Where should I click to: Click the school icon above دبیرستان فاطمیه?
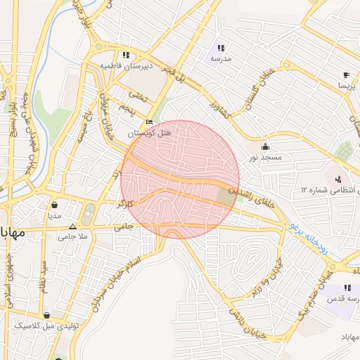click(126, 55)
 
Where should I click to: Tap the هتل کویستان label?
click(149, 133)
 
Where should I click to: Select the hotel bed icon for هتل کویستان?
click(148, 122)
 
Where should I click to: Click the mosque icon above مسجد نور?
click(264, 146)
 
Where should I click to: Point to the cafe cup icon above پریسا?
click(346, 75)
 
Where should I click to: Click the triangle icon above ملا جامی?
click(73, 226)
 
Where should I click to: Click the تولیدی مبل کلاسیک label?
click(46, 327)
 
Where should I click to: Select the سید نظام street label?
click(44, 276)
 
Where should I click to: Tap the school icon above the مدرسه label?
click(220, 48)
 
